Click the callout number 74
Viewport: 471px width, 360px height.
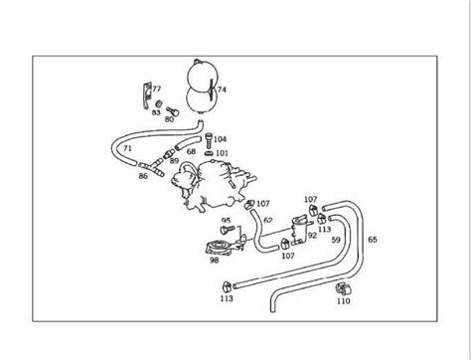click(222, 90)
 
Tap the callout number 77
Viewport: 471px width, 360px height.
click(157, 89)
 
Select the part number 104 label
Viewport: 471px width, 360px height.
click(220, 139)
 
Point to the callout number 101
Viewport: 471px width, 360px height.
click(222, 153)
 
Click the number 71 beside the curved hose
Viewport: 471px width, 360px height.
click(127, 148)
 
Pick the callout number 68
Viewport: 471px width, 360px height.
click(191, 151)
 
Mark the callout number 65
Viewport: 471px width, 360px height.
click(373, 240)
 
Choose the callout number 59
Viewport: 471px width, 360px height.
click(336, 240)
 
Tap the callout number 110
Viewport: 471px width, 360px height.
click(344, 301)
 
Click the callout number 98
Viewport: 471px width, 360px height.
click(214, 261)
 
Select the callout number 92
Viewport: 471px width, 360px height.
click(312, 235)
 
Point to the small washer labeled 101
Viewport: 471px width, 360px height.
click(209, 153)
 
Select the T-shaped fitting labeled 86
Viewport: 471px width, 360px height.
click(152, 167)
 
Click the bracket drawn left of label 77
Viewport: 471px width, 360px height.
click(147, 95)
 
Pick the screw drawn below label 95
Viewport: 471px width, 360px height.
click(228, 229)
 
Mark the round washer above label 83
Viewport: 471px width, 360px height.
click(159, 103)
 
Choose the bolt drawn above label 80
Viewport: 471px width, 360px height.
click(173, 111)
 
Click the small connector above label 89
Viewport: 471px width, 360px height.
click(169, 153)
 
